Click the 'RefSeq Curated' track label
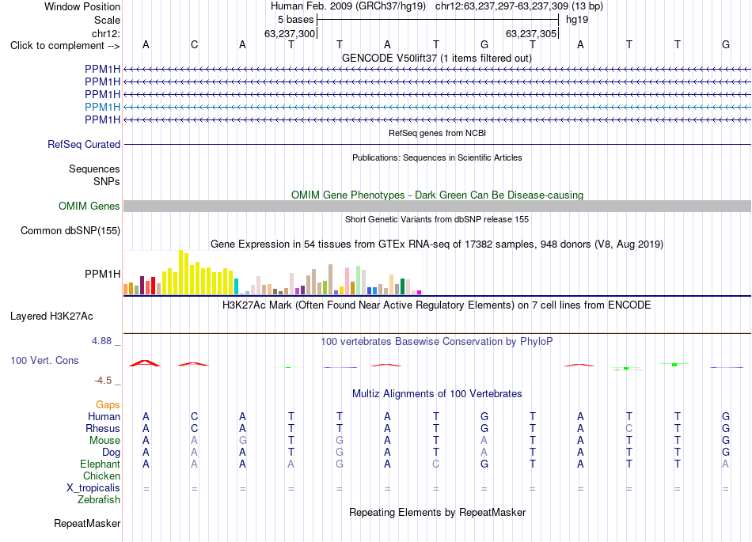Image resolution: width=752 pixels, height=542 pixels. click(x=84, y=144)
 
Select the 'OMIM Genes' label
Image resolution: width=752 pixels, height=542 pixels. click(x=89, y=206)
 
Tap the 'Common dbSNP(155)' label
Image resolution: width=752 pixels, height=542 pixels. click(x=70, y=230)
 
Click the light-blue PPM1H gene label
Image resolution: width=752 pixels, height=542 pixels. click(x=103, y=107)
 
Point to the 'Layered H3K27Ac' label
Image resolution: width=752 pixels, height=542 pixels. click(x=51, y=316)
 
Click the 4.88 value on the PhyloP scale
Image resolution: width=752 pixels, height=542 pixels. click(x=101, y=341)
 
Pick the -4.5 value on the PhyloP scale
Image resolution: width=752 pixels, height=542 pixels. click(x=103, y=381)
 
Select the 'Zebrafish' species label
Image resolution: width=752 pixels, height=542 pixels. click(x=99, y=499)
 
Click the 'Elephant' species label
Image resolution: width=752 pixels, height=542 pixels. click(x=101, y=464)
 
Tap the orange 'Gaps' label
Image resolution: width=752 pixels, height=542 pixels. click(x=108, y=405)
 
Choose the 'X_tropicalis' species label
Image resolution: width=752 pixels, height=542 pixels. click(x=93, y=488)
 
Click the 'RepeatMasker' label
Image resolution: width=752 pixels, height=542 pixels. click(x=87, y=523)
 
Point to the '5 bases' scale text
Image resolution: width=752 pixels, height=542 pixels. click(x=295, y=20)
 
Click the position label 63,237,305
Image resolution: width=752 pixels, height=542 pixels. click(x=531, y=33)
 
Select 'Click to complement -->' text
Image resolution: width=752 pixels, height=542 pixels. click(x=65, y=46)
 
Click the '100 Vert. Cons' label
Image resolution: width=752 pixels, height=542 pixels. click(x=44, y=360)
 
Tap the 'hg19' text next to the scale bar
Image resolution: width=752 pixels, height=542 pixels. click(x=577, y=20)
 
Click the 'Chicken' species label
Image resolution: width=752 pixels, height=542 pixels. click(x=101, y=476)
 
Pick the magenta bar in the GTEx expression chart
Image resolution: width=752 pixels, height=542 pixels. click(x=420, y=292)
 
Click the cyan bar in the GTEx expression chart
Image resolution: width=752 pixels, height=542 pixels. click(x=236, y=286)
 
